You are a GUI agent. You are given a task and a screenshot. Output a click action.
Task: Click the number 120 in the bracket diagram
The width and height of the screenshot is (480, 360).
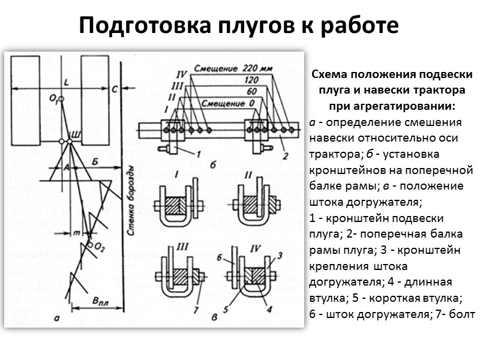tap(252, 80)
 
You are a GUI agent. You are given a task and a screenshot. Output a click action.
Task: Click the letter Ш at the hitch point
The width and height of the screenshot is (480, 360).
tap(75, 133)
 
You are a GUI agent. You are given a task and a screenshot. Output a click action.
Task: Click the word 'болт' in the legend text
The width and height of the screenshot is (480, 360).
tap(462, 314)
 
